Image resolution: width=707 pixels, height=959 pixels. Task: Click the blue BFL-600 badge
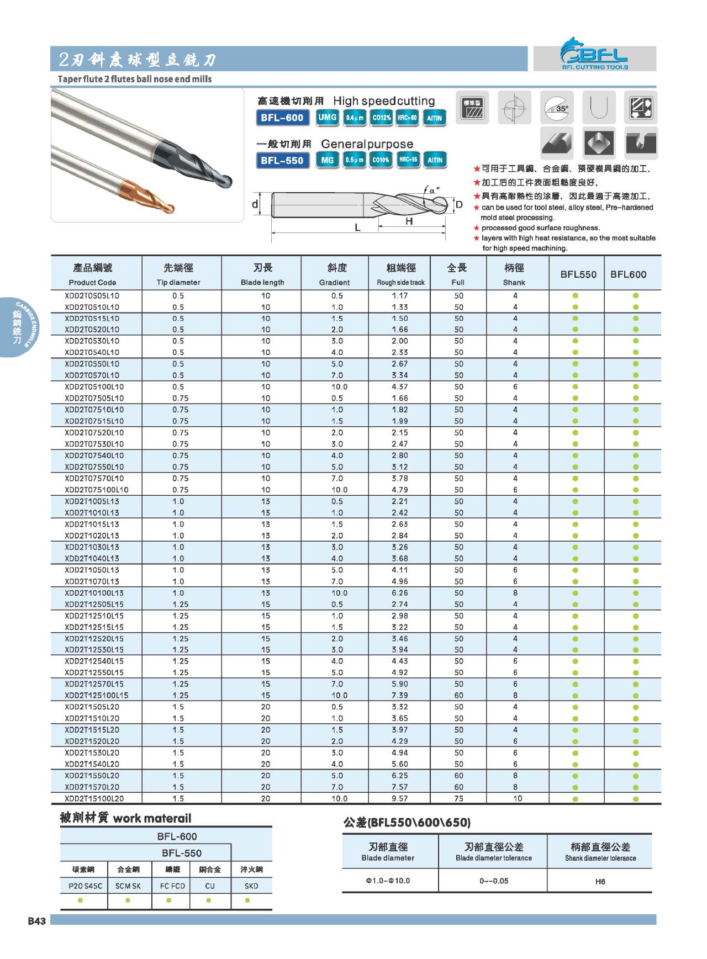point(282,118)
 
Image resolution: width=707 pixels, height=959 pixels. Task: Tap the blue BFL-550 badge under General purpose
point(282,161)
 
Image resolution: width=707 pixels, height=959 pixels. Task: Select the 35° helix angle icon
point(557,107)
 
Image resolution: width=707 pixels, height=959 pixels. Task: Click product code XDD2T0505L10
point(92,296)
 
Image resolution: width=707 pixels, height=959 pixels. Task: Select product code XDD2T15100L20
point(94,798)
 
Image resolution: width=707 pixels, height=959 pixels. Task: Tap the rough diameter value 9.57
point(399,798)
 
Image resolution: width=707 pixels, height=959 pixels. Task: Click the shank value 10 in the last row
point(517,798)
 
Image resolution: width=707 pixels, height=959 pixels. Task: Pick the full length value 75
point(458,798)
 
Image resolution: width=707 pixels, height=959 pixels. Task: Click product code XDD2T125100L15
point(96,696)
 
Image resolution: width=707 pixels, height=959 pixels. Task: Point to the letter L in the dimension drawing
point(357,227)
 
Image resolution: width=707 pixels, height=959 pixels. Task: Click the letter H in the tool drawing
point(409,221)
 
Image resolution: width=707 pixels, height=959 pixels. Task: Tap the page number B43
point(37,921)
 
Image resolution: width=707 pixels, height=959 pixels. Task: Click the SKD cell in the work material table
point(251,886)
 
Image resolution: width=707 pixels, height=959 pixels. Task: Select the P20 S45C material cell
point(85,886)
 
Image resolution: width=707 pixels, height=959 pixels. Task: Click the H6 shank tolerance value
point(600,882)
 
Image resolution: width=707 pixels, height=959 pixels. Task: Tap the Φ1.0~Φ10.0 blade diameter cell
point(388,881)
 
